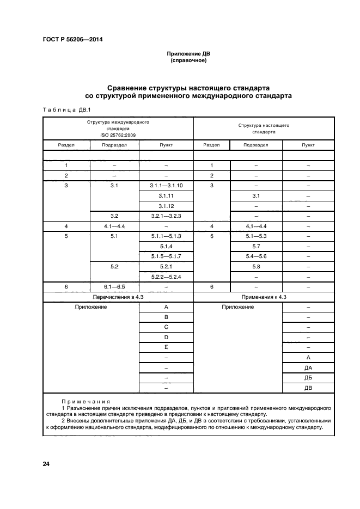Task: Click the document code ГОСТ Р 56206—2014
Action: pos(72,40)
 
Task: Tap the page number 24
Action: pos(46,464)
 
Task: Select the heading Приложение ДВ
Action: pos(188,54)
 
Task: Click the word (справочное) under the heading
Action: pos(188,60)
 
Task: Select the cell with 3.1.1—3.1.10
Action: pos(166,186)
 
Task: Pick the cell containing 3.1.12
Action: pos(166,206)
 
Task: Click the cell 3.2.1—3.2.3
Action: pos(166,216)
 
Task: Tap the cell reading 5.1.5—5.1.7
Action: pos(166,256)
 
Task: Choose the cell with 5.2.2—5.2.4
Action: pos(166,277)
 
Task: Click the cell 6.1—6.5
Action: pos(114,286)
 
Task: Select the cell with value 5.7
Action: pos(255,246)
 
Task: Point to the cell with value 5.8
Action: pos(255,266)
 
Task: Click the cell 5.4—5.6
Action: pos(255,256)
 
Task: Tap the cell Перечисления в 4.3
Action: pos(118,297)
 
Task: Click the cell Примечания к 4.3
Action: pos(264,297)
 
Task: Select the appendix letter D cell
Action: pos(166,338)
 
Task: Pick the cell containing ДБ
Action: pos(308,378)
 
